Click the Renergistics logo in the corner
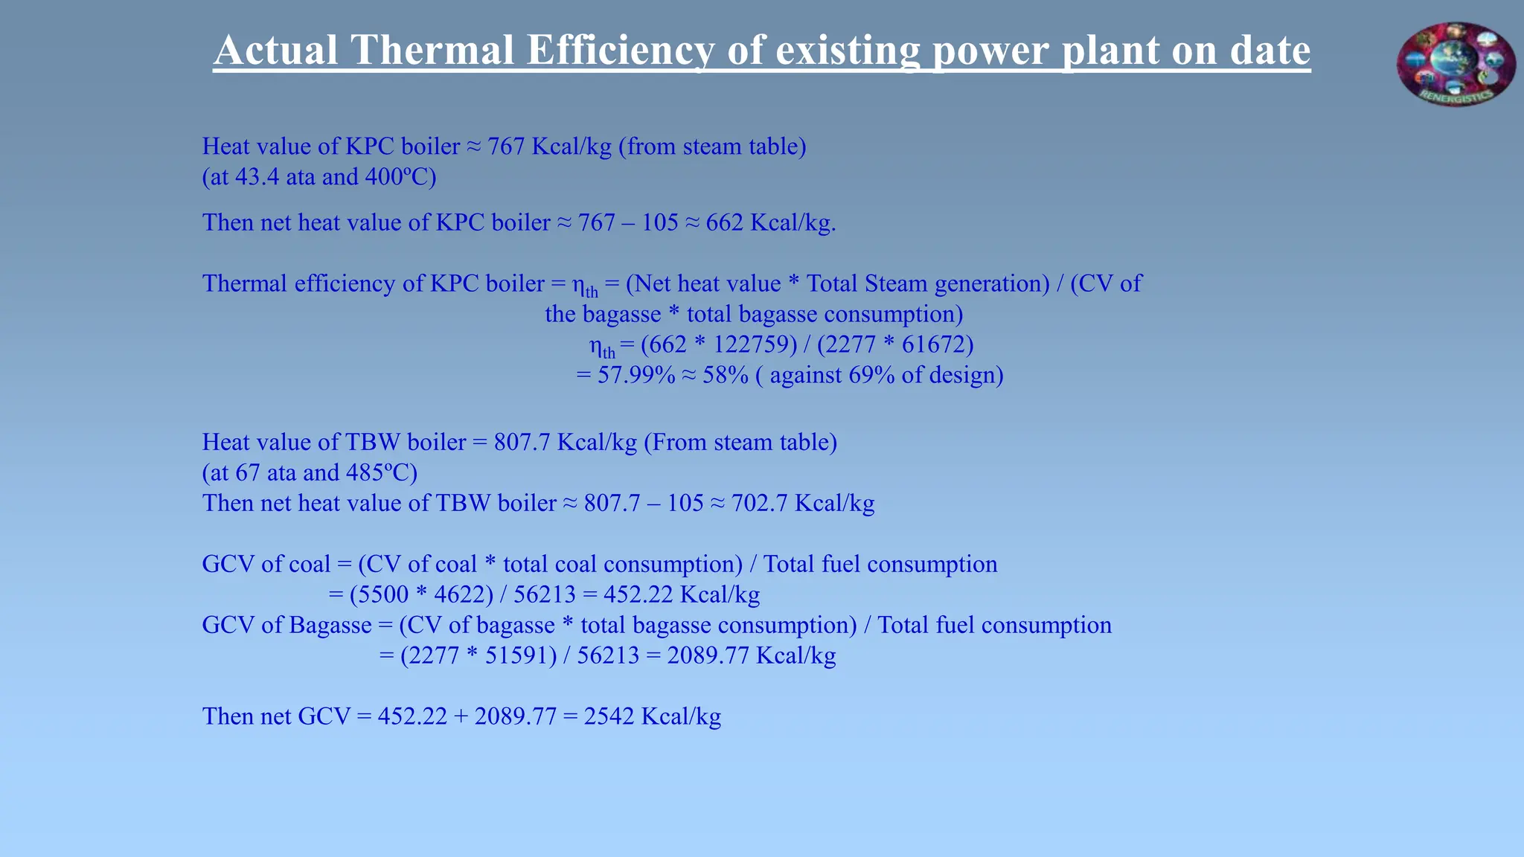1456,64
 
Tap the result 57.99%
636,375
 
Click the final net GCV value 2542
609,716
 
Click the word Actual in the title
276,51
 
